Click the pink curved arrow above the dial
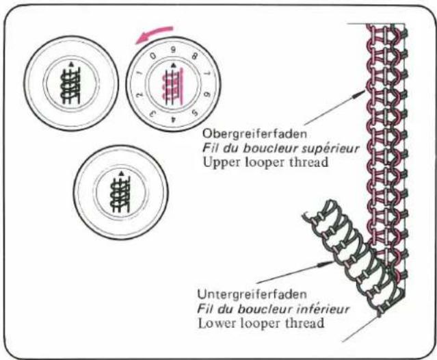point(154,33)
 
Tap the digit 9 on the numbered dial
point(173,50)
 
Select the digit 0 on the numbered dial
point(153,55)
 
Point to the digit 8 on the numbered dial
point(194,56)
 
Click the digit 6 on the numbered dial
point(207,94)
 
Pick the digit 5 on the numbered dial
point(195,113)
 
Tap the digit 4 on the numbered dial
point(174,119)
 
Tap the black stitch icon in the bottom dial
point(120,194)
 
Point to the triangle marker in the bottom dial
point(121,173)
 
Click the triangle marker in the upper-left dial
point(72,64)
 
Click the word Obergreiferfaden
point(254,134)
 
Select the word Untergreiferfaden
point(252,294)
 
